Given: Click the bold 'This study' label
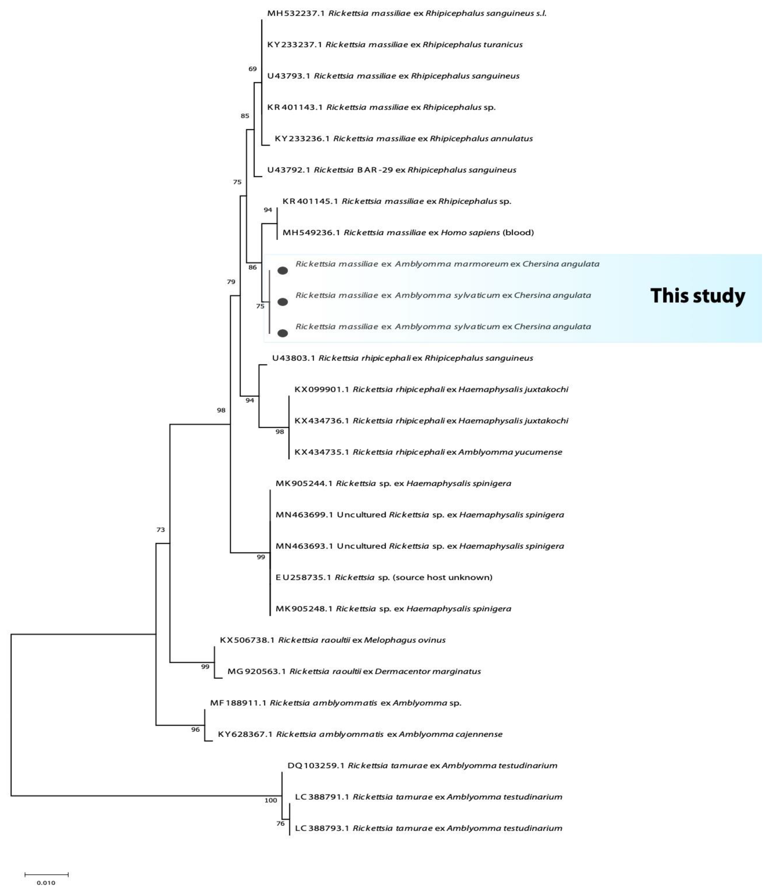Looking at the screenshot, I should coord(697,296).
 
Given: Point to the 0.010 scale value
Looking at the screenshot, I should coord(46,883).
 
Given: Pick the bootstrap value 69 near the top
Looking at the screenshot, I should coord(252,69).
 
